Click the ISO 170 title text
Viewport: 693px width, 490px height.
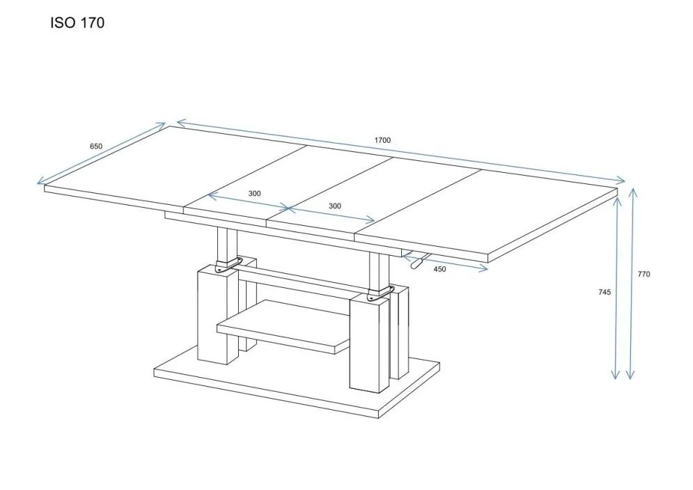tap(77, 24)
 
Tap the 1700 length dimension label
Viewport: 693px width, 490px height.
tap(382, 140)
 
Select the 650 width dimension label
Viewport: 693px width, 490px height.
tap(96, 146)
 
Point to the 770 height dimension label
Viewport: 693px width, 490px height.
tap(644, 274)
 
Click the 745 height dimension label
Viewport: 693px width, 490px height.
tap(604, 292)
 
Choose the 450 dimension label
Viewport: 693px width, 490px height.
tap(439, 269)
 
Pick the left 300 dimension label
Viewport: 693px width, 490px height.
tap(254, 194)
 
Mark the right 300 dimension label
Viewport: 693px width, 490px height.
tap(334, 206)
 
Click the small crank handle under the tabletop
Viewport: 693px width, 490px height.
tap(418, 262)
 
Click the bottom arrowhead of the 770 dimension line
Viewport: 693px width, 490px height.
tap(630, 376)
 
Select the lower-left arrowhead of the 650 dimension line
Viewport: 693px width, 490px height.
tap(39, 183)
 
